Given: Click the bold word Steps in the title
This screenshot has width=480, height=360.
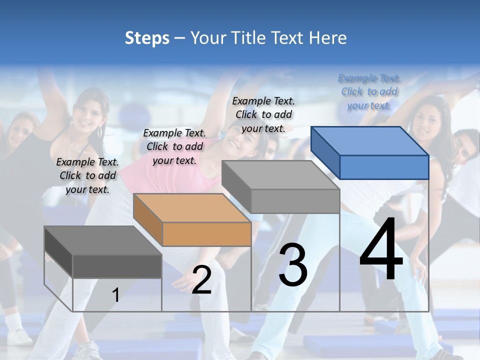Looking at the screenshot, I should click(x=147, y=38).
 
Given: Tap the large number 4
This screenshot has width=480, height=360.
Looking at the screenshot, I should click(x=381, y=249).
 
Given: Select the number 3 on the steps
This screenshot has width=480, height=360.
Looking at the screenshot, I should click(x=293, y=265).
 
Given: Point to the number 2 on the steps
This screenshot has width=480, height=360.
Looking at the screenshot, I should click(x=201, y=280).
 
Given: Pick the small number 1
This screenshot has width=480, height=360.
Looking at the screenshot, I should click(x=115, y=295).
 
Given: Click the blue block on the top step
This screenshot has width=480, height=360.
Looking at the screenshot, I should click(x=370, y=152).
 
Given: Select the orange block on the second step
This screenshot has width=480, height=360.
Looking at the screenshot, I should click(x=192, y=220).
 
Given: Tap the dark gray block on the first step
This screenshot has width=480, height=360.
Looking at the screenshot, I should click(x=103, y=252).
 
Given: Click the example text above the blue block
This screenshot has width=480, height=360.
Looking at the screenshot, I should click(x=369, y=91).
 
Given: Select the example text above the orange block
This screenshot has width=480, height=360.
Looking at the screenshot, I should click(x=174, y=146).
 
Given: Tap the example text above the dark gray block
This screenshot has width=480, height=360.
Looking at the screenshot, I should click(x=87, y=175).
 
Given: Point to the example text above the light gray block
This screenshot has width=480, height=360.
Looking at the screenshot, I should click(x=263, y=114).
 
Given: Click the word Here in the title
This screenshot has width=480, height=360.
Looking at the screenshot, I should click(x=328, y=38).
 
